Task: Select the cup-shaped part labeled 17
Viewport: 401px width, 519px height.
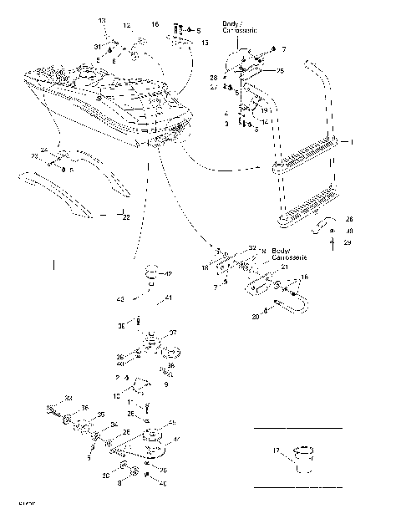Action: (x=302, y=459)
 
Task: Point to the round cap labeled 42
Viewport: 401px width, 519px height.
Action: (x=152, y=272)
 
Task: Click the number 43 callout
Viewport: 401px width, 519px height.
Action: (x=120, y=298)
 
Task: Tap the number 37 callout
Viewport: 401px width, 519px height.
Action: (x=174, y=333)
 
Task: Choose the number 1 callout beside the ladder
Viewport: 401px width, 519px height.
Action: (x=353, y=143)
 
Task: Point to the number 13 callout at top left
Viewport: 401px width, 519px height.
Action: (x=103, y=20)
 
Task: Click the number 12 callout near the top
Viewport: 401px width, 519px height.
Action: (x=128, y=26)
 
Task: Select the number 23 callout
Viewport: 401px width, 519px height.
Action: (x=34, y=156)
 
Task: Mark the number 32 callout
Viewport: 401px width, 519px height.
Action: (x=252, y=248)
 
